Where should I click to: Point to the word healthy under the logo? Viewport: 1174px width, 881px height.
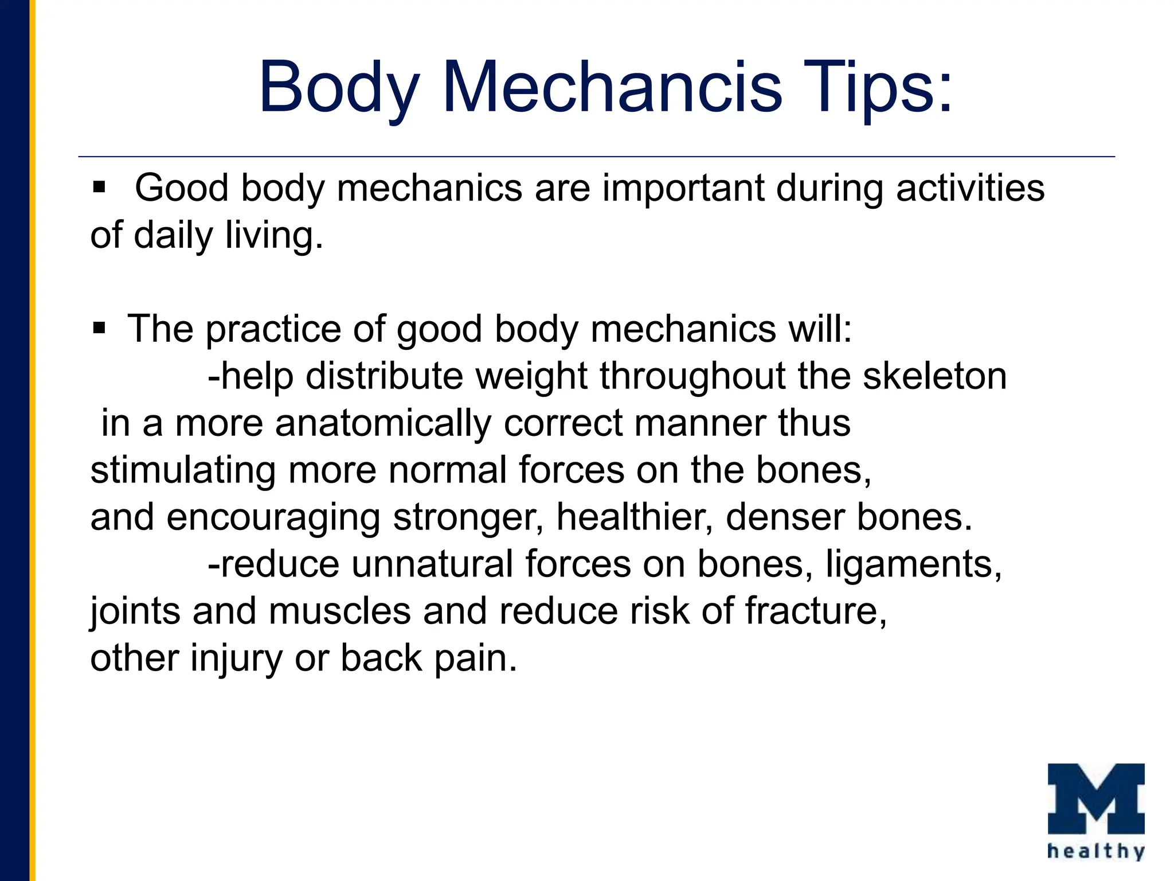pos(1096,851)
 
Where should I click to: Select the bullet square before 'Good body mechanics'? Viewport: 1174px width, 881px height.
pos(99,188)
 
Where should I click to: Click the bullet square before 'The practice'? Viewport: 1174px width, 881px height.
pos(99,328)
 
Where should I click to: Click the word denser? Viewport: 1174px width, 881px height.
pos(785,518)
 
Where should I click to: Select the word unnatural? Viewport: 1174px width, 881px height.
pos(432,564)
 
